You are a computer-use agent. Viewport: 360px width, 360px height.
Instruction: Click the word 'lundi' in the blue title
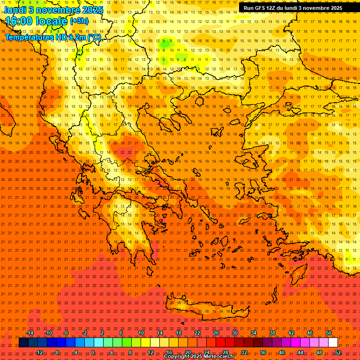[15, 9]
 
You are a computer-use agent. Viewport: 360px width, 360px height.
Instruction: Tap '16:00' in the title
[19, 21]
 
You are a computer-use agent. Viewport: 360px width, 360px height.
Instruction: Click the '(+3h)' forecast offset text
[79, 21]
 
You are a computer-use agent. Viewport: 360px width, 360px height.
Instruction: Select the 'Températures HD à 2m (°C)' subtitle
[52, 37]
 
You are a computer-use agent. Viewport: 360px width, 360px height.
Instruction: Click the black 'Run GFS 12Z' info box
[298, 7]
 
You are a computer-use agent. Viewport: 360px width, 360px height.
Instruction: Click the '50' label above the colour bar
[329, 333]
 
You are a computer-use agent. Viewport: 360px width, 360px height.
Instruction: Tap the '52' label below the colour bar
[338, 352]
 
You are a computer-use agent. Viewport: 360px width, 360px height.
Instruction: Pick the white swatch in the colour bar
[333, 343]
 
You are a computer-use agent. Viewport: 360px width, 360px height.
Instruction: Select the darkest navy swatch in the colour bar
[23, 343]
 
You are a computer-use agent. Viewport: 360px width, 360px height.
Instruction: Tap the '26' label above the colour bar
[216, 333]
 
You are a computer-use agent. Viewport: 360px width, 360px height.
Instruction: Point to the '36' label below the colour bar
[263, 352]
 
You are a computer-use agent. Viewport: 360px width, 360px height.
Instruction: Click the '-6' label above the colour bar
[66, 333]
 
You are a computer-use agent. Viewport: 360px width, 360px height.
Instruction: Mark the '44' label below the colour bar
[300, 352]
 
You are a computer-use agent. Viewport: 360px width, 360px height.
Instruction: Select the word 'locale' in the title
[51, 21]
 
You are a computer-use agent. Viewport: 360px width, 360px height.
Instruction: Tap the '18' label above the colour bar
[179, 333]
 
